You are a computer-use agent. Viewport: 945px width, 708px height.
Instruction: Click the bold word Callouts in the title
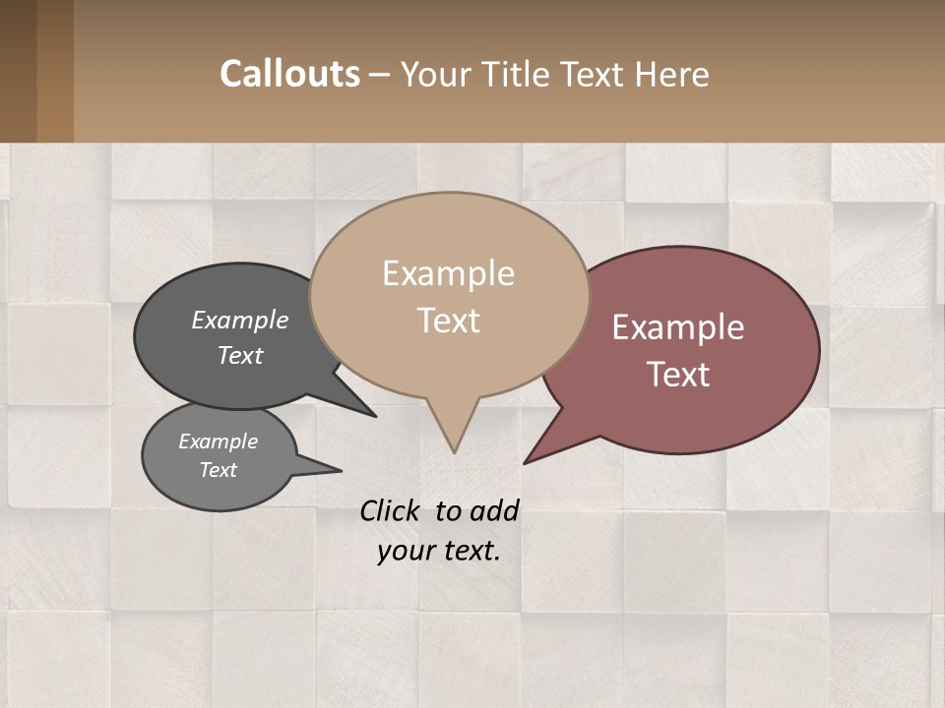click(289, 74)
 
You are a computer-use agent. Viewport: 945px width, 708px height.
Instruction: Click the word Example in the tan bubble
click(448, 273)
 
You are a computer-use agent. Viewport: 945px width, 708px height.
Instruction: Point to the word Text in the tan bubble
click(448, 321)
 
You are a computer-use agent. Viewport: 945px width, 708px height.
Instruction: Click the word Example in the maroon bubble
click(678, 327)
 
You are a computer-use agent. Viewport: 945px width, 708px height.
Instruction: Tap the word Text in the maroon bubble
click(678, 375)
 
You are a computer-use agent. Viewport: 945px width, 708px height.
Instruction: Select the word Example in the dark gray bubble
click(240, 321)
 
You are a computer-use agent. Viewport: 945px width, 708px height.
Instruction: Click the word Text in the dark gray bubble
click(240, 355)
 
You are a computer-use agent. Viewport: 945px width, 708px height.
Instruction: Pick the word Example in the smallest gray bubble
click(218, 442)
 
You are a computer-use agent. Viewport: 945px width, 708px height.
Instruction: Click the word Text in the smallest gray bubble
click(218, 470)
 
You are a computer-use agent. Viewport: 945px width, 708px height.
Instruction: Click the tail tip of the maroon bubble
click(527, 461)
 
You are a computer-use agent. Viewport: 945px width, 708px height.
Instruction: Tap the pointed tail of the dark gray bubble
click(372, 414)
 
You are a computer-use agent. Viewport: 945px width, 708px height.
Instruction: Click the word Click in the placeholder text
click(391, 510)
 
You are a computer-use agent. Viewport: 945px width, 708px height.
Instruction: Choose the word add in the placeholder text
click(494, 510)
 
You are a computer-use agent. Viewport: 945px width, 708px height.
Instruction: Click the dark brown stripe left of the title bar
click(18, 71)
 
